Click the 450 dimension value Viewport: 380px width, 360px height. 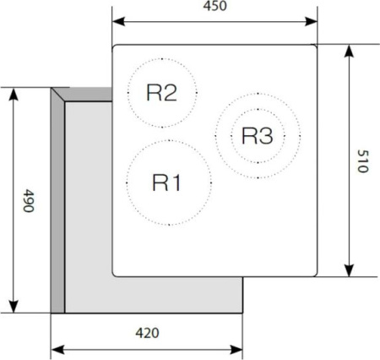(214, 6)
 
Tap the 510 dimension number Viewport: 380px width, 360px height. (362, 161)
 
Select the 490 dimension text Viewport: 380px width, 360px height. (29, 200)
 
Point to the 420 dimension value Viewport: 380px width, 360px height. (147, 333)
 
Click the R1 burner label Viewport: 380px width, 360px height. (166, 183)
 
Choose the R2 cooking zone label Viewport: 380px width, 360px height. (162, 93)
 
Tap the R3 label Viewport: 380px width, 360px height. (258, 136)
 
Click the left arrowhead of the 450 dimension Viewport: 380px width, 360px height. (118, 21)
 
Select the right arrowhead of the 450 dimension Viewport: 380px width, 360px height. (312, 21)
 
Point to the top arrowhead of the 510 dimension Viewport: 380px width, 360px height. (349, 52)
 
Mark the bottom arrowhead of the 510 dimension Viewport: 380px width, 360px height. (349, 270)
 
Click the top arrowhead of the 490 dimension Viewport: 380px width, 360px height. (14, 94)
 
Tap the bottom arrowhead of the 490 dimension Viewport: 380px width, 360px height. (14, 307)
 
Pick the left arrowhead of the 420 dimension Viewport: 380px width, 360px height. (57, 350)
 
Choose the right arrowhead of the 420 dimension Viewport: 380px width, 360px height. (236, 350)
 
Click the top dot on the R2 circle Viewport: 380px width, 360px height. (162, 59)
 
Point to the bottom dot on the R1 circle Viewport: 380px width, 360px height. (169, 225)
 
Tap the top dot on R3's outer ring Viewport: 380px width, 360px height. (258, 94)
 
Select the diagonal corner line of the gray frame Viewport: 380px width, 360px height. (58, 95)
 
